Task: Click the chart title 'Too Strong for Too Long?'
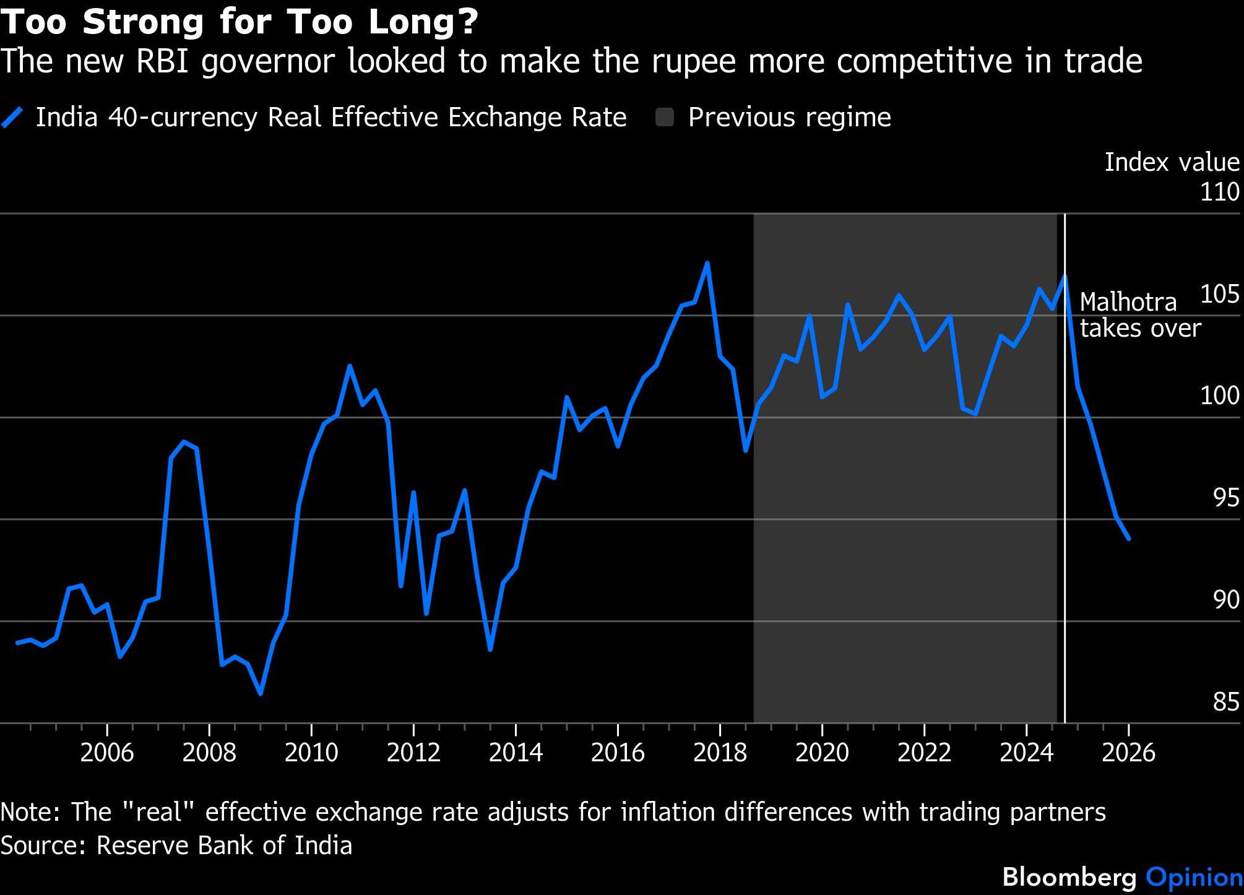tap(240, 22)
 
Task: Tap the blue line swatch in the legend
tap(12, 117)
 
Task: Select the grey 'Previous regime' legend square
tap(665, 117)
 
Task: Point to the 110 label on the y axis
tap(1220, 192)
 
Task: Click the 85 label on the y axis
tap(1226, 702)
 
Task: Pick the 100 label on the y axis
tap(1220, 396)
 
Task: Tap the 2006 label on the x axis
tap(107, 753)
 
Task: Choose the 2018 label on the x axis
tap(720, 753)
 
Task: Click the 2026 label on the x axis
tap(1128, 753)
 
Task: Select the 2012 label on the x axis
tap(413, 753)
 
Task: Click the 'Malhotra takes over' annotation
tap(1140, 315)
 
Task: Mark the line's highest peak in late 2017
tap(707, 263)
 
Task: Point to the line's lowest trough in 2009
tap(261, 694)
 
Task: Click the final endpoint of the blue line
tap(1129, 539)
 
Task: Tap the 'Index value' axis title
tap(1172, 162)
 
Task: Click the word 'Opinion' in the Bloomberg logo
tap(1194, 877)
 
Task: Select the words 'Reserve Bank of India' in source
tap(224, 845)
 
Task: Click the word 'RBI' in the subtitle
tap(164, 61)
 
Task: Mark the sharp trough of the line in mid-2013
tap(490, 650)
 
